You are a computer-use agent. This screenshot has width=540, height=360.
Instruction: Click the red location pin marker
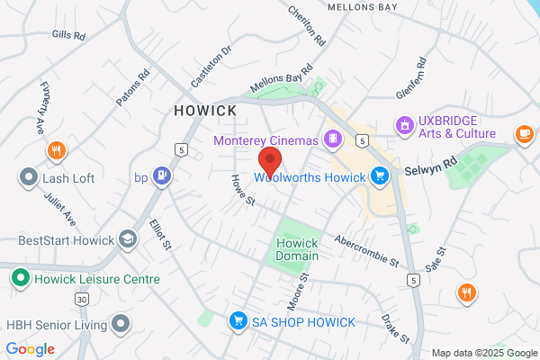tap(270, 161)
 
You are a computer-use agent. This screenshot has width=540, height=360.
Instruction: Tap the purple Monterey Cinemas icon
tap(334, 139)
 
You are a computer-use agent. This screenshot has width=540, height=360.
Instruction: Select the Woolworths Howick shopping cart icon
tap(380, 176)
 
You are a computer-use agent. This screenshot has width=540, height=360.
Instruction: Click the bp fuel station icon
tap(162, 175)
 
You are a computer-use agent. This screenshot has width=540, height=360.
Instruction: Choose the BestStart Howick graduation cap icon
tap(129, 240)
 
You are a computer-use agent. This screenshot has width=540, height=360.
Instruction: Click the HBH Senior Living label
tap(54, 322)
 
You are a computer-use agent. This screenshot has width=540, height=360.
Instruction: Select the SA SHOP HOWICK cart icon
tap(238, 321)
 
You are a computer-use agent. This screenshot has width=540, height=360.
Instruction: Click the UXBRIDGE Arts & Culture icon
tap(404, 123)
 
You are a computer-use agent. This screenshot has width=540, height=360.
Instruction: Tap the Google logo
tap(30, 349)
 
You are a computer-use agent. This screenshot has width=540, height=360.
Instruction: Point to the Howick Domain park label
tap(298, 249)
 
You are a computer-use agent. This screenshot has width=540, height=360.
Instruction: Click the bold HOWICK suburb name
tap(205, 111)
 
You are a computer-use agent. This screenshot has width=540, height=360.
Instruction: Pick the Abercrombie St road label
tap(366, 252)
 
